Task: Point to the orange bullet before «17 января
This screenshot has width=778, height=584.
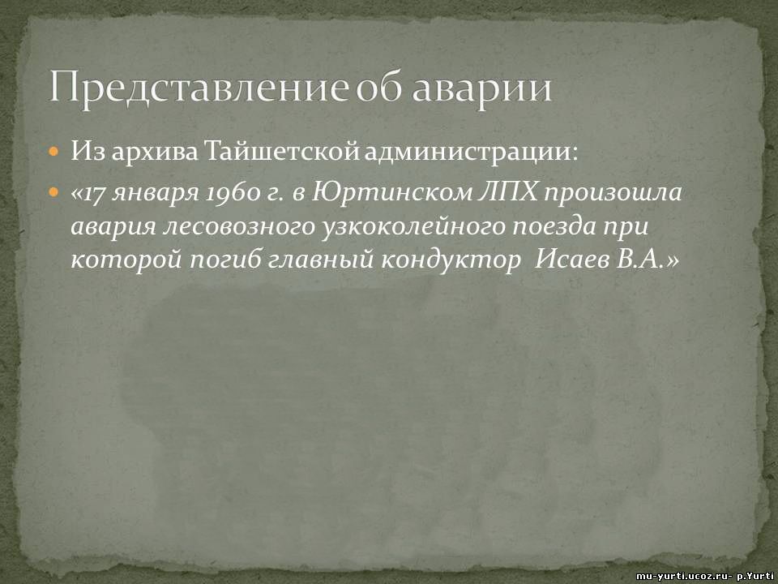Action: (54, 192)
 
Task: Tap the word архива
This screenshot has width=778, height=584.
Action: (155, 154)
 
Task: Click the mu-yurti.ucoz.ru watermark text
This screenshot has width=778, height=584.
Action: (684, 576)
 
